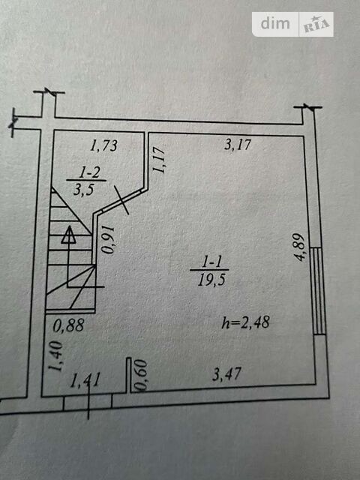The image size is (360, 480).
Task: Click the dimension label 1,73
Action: coord(103,145)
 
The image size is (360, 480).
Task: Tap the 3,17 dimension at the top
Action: coord(238,145)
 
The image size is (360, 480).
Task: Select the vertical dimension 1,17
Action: coord(159,160)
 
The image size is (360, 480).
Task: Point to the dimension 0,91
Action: coord(109,240)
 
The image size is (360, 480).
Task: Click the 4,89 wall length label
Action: coord(300,247)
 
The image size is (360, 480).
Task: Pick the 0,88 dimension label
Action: coord(68,325)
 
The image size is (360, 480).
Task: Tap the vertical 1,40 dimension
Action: coord(56,355)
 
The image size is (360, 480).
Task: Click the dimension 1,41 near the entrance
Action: coord(85,380)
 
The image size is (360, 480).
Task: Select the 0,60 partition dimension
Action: coord(142,375)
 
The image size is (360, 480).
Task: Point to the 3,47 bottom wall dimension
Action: coord(226,374)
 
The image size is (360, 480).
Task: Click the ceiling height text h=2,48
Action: coord(246,322)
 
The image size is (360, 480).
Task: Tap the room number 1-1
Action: coord(212,262)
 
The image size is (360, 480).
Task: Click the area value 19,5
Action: coord(211,280)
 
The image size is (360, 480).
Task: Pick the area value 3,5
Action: coord(83,190)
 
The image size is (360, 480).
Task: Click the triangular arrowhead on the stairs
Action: coord(69,235)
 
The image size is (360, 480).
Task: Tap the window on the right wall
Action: coord(318,291)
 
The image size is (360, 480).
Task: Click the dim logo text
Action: coord(275,23)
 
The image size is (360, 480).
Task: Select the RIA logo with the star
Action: coord(316,24)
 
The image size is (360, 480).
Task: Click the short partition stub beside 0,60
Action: coord(129,375)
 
